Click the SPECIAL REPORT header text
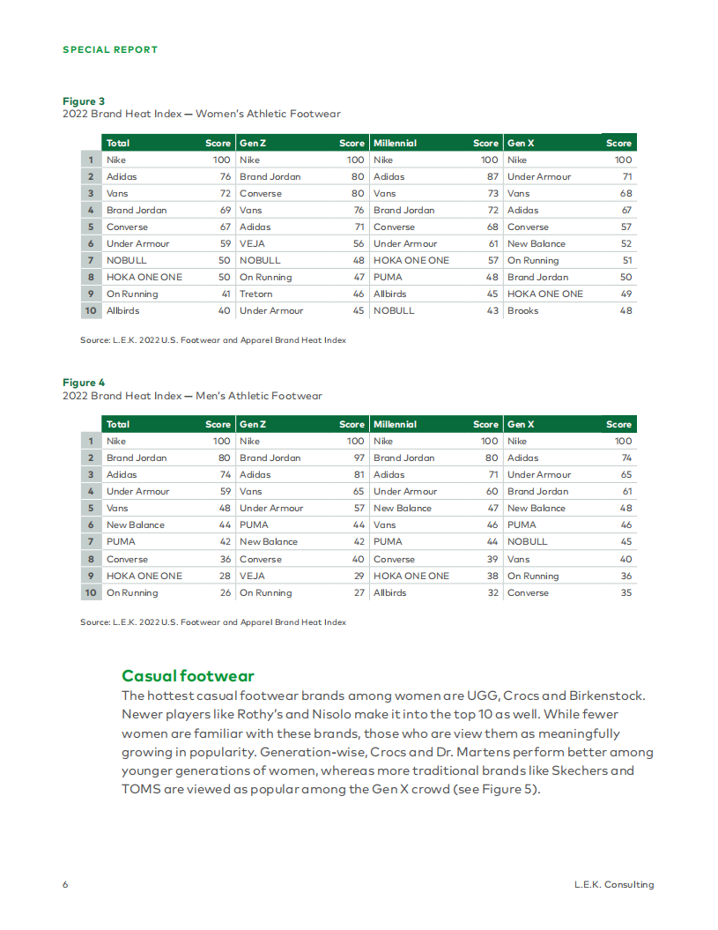[110, 49]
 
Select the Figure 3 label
[84, 101]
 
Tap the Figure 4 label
[84, 383]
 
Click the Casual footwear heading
[188, 676]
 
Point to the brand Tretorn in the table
[256, 294]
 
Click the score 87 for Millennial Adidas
[492, 176]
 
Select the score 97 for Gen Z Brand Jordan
[359, 458]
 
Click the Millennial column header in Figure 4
[395, 424]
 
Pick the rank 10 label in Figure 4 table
[91, 592]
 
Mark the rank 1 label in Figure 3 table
[91, 160]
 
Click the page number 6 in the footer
[65, 884]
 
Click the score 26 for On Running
[225, 592]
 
